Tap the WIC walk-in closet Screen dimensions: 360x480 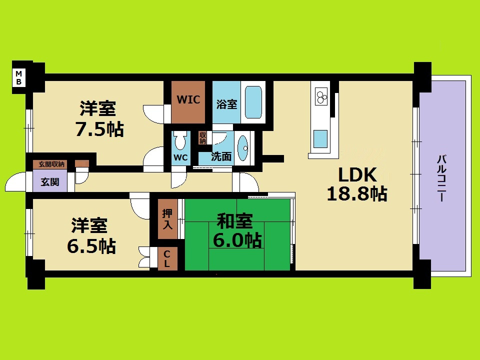coord(188,100)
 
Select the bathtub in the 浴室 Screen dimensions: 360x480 coord(253,102)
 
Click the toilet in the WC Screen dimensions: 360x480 coord(180,142)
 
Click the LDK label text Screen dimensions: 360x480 coord(357,175)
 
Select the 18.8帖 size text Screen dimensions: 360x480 coord(357,193)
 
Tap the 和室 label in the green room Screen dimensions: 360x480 coord(234,220)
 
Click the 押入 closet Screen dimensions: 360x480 coord(167,219)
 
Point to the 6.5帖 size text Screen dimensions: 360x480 coord(92,245)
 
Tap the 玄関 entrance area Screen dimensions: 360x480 coord(50,182)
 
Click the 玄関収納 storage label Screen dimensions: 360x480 coord(49,164)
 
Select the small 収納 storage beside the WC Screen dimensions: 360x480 coord(202,137)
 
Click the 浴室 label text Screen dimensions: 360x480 coord(226,104)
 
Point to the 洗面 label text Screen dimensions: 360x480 coord(221,156)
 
